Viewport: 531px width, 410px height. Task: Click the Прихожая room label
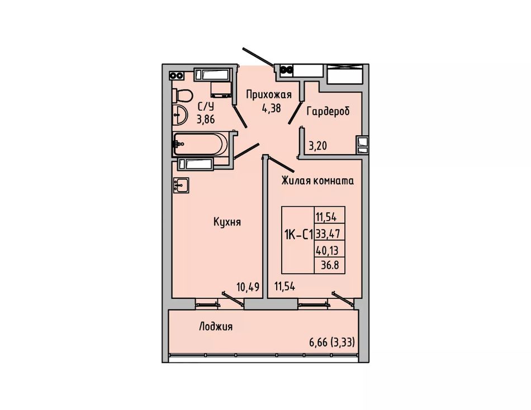click(x=268, y=94)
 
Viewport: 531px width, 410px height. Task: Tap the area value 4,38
click(x=271, y=108)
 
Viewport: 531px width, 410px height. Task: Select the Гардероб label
click(x=328, y=111)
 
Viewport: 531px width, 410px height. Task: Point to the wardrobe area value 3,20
click(x=317, y=146)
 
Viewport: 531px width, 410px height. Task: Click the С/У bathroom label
click(x=206, y=107)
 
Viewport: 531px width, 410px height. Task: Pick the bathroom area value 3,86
click(x=206, y=120)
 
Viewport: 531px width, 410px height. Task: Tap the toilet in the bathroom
click(x=182, y=96)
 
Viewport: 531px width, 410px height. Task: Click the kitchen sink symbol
click(x=181, y=185)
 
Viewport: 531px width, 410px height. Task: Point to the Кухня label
click(x=227, y=222)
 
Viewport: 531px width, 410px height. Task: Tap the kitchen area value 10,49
click(x=248, y=287)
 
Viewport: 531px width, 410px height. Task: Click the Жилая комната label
click(x=317, y=181)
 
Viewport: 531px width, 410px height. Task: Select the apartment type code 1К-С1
click(x=298, y=234)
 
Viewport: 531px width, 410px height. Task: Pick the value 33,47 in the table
click(x=328, y=233)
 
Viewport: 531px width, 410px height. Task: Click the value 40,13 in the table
click(x=327, y=251)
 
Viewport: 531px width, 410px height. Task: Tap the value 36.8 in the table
click(x=330, y=265)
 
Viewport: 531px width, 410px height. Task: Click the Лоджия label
click(x=216, y=327)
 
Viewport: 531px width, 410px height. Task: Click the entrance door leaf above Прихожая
click(x=258, y=56)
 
